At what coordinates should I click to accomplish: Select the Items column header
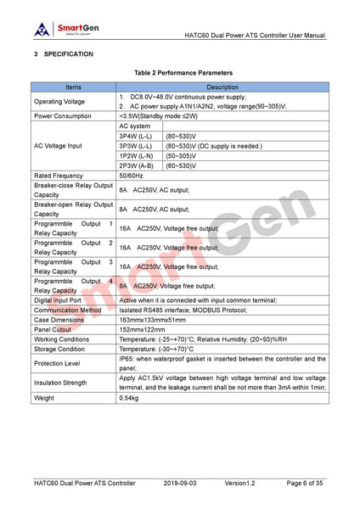74,87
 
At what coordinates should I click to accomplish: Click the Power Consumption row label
63,115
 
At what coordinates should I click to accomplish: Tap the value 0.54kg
129,396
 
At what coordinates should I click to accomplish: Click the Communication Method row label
67,310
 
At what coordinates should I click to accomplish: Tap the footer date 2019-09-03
181,483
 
